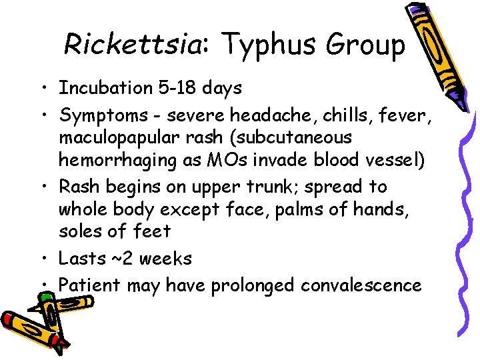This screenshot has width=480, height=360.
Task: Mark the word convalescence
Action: click(x=361, y=285)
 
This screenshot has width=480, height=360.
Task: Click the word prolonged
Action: click(x=253, y=286)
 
